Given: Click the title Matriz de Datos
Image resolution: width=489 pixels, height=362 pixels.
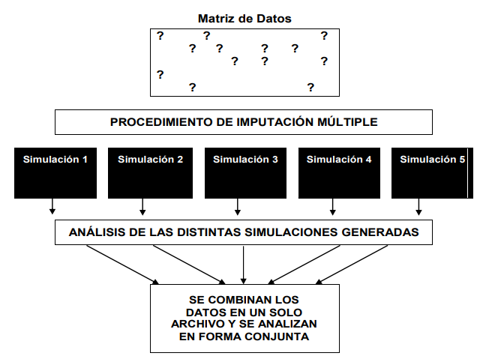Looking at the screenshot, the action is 244,19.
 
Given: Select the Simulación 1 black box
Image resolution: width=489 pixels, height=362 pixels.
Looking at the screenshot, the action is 55,173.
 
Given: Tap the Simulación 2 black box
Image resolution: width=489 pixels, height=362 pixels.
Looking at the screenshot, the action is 150,173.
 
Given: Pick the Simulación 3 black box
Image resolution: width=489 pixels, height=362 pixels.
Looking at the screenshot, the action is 245,173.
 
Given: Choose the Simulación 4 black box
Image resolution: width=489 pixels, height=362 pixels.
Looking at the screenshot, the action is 339,173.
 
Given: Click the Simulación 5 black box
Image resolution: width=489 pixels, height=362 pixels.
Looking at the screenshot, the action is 432,173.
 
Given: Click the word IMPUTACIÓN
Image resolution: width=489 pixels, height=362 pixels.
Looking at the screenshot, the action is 276,122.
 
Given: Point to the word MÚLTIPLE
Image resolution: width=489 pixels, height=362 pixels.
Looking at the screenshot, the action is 347,122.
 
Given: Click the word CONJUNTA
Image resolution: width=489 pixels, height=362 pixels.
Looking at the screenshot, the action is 277,337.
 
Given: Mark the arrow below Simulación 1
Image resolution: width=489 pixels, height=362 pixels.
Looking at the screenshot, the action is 52,206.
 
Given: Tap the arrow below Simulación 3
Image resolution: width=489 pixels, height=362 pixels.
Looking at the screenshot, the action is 238,207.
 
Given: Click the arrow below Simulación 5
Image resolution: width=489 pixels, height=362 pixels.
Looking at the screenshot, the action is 418,207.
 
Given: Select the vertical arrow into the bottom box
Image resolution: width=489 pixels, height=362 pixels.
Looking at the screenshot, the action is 244,265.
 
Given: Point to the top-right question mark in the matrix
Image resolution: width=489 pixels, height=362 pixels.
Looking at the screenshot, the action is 324,36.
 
